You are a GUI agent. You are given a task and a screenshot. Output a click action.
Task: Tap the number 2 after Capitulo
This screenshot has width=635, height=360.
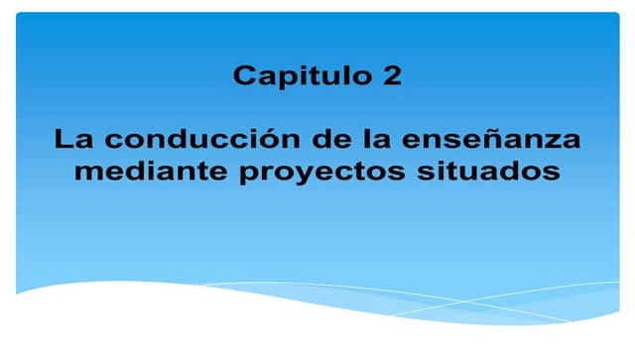click(393, 76)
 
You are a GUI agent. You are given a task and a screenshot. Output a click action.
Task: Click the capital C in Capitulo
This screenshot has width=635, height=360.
click(244, 76)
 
